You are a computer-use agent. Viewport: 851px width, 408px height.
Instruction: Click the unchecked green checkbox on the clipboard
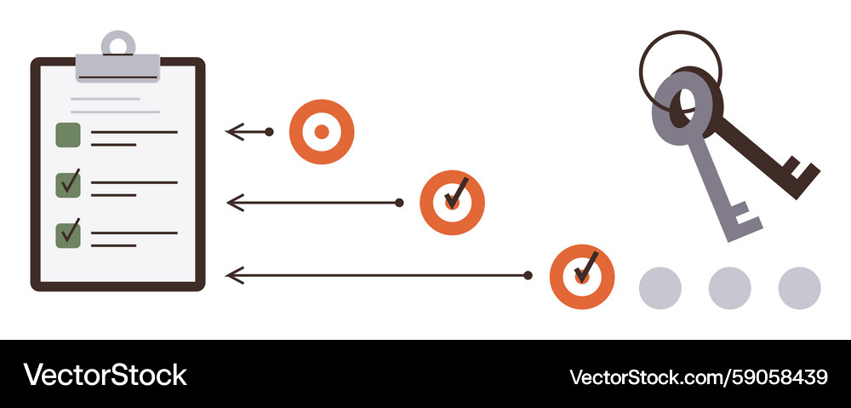68,135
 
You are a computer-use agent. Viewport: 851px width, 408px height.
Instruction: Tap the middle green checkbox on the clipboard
68,185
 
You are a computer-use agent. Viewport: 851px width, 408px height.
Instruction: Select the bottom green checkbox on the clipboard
68,235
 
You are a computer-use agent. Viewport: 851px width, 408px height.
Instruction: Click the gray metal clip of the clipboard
117,67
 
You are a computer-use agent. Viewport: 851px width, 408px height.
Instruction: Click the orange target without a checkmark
322,131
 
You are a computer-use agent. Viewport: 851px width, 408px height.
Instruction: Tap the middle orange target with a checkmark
452,203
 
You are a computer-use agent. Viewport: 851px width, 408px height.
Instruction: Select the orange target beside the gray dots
582,277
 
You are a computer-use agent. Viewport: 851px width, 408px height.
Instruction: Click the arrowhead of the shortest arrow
235,132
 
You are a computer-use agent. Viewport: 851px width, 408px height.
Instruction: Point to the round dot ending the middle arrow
399,203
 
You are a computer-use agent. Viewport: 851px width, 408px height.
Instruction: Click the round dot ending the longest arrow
528,275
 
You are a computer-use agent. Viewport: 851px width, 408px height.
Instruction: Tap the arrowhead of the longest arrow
235,275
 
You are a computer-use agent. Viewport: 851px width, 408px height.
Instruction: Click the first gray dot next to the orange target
660,288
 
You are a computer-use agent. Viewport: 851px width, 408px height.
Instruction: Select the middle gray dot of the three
730,288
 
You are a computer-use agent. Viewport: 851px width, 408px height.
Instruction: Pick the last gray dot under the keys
799,288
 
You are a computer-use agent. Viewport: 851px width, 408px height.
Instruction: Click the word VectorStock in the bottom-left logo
105,375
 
